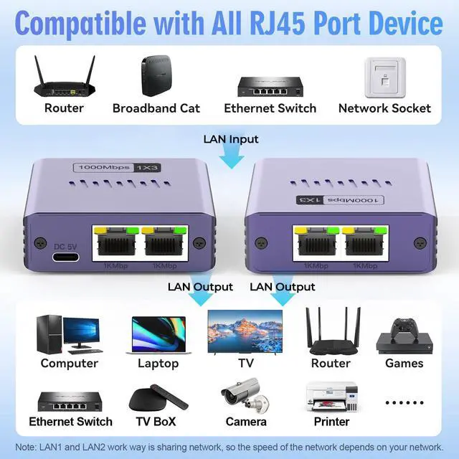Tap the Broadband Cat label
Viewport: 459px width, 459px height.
point(156,108)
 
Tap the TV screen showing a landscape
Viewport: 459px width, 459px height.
point(245,331)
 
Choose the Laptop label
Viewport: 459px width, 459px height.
point(158,363)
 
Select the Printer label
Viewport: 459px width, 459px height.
point(331,422)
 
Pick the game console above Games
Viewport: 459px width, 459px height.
point(404,336)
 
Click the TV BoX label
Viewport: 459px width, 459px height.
point(156,422)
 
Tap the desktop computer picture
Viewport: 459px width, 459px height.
point(67,333)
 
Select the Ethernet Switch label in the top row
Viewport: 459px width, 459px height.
point(270,108)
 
